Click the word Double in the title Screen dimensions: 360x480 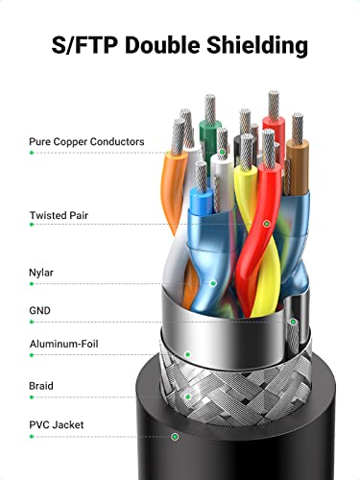tap(163, 44)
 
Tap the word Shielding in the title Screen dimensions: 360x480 tap(257, 46)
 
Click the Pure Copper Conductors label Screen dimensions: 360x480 tap(86, 142)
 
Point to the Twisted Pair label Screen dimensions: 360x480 tap(59, 215)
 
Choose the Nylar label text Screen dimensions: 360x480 tap(41, 273)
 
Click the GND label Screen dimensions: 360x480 tap(39, 310)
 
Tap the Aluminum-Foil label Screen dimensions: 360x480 tap(63, 344)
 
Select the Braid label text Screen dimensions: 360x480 tap(41, 386)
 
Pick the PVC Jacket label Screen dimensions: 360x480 tap(57, 425)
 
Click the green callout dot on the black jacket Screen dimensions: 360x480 tap(175, 436)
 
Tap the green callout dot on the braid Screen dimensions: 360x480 tap(188, 397)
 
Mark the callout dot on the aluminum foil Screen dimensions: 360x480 tap(188, 354)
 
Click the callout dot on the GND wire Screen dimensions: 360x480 tap(293, 322)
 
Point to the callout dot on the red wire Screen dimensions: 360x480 tap(266, 224)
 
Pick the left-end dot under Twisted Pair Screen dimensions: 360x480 tap(32, 225)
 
